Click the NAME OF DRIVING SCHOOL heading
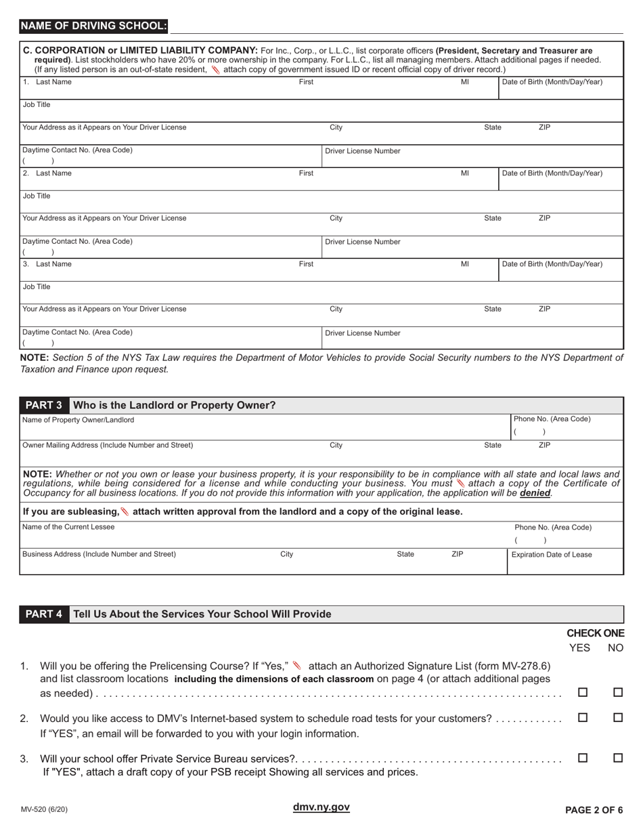click(x=93, y=26)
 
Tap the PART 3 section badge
click(x=44, y=406)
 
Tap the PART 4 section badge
click(x=44, y=614)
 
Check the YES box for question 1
click(x=583, y=693)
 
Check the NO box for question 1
click(x=617, y=693)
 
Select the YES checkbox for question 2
click(x=583, y=718)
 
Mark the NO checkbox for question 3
click(x=617, y=759)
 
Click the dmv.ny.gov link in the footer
click(x=321, y=807)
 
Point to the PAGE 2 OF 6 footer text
click(x=594, y=809)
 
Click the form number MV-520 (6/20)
click(x=44, y=809)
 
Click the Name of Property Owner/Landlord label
click(x=78, y=420)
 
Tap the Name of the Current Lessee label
click(x=68, y=527)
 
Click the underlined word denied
click(x=535, y=494)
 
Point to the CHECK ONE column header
click(x=595, y=633)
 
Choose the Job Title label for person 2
click(x=37, y=196)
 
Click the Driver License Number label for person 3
click(x=363, y=333)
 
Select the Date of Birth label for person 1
click(x=552, y=82)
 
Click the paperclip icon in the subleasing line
click(x=125, y=511)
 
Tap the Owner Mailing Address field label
click(x=108, y=445)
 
